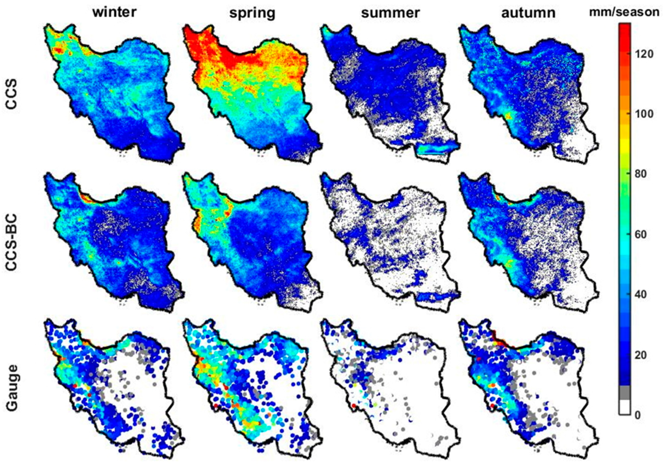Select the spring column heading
[252, 13]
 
